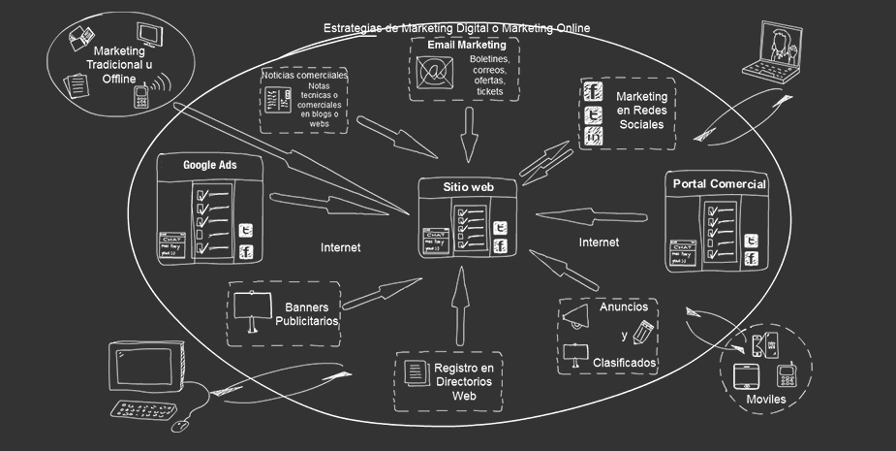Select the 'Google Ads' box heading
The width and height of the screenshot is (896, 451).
[x=210, y=165]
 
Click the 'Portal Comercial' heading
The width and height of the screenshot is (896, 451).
[x=719, y=184]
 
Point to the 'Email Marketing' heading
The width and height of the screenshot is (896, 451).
[x=467, y=46]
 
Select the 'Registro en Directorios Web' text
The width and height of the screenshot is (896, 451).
[x=464, y=382]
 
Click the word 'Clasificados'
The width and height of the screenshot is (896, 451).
[x=626, y=363]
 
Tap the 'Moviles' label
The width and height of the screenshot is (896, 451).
[x=765, y=399]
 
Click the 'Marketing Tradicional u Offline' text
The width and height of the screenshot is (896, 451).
[x=121, y=64]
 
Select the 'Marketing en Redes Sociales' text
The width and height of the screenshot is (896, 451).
[x=641, y=112]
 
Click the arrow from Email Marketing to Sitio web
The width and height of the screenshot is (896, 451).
[x=470, y=133]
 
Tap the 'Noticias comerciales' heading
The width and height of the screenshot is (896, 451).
[x=304, y=76]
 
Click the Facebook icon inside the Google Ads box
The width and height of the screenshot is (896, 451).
[x=246, y=253]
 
